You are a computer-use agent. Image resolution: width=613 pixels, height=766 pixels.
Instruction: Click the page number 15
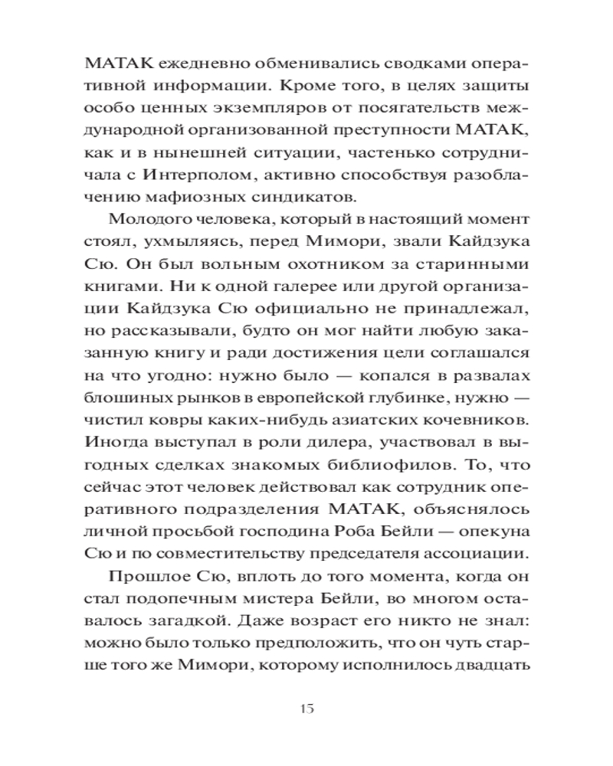pos(306,707)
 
